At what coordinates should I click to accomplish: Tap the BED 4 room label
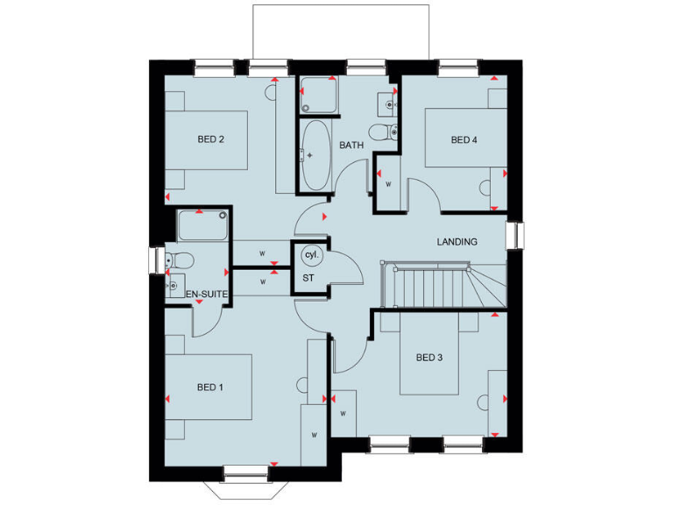click(x=465, y=139)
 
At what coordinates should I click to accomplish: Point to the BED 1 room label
click(x=210, y=388)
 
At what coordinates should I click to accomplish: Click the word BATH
click(x=351, y=146)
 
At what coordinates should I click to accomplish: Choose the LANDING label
click(x=457, y=242)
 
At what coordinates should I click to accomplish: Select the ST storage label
click(x=308, y=277)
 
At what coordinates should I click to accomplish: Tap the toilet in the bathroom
click(x=383, y=132)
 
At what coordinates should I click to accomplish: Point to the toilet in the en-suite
click(x=180, y=260)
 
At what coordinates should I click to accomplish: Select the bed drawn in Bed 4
click(x=464, y=137)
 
